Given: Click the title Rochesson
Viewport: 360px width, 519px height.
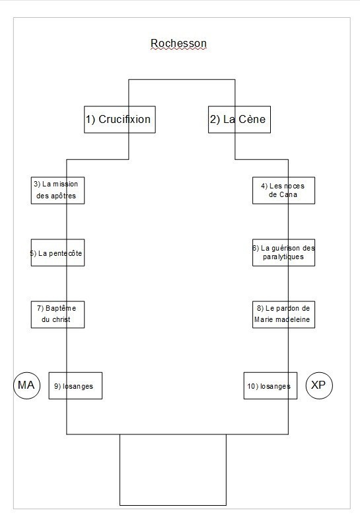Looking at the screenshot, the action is coord(178,44).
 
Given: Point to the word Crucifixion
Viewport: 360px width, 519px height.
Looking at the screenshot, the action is coord(124,119).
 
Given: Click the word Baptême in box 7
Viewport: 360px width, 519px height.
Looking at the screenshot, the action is coord(61,308).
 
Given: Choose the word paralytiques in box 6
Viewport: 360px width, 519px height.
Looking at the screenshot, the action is coord(283,257).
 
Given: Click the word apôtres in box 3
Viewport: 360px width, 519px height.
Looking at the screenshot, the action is coord(63,196).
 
